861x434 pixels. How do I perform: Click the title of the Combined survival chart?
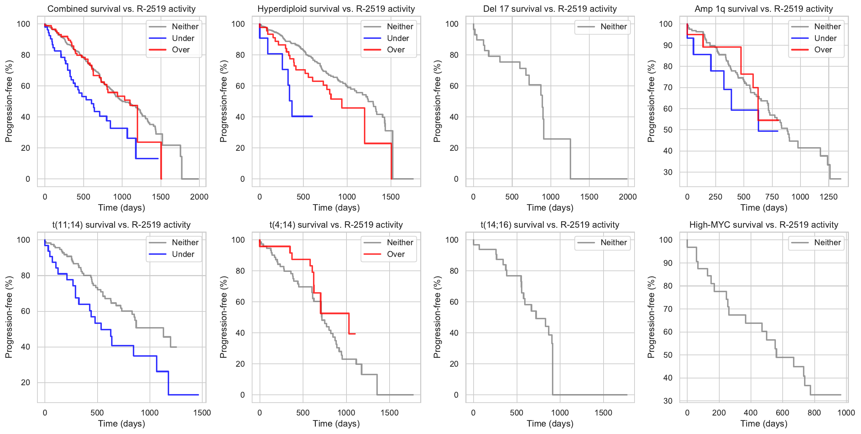coord(121,9)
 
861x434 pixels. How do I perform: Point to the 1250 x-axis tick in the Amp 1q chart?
coord(828,197)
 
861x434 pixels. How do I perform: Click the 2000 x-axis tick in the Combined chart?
coord(199,197)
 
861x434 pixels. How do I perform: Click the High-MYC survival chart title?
coord(764,225)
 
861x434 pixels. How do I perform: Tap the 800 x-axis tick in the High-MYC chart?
coord(814,413)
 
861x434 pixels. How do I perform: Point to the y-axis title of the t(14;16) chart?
coord(437,317)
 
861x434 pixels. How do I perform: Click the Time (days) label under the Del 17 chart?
coord(550,208)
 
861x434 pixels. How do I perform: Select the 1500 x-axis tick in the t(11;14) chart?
coord(202,413)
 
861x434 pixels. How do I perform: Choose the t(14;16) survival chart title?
coord(550,225)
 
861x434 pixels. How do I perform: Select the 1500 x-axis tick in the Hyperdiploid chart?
coord(391,197)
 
